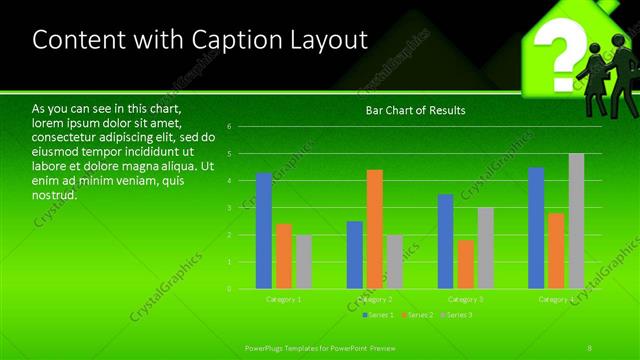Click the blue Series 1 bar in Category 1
point(264,230)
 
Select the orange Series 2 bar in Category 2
point(374,229)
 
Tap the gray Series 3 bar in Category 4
point(576,221)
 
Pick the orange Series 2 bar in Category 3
point(466,264)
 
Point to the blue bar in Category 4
point(536,228)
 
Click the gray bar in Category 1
point(303,262)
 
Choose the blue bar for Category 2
point(355,255)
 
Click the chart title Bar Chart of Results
point(414,110)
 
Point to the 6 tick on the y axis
point(229,127)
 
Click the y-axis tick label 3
point(229,208)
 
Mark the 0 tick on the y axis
point(229,289)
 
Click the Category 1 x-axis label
point(284,299)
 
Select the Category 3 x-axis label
point(466,299)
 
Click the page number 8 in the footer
point(591,347)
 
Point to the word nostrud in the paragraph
point(54,194)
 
